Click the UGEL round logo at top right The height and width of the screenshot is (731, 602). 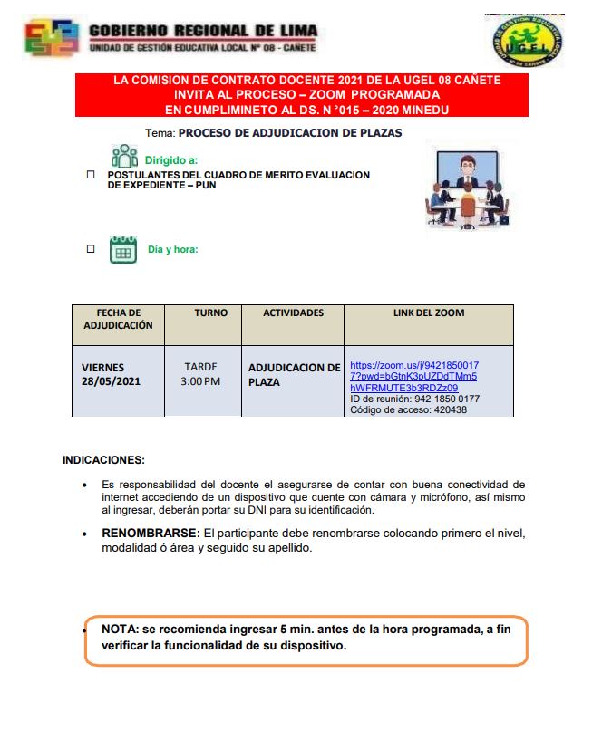pyautogui.click(x=528, y=41)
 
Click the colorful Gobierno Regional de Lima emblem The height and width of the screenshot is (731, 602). pyautogui.click(x=52, y=38)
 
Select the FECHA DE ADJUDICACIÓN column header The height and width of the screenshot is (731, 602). pyautogui.click(x=118, y=319)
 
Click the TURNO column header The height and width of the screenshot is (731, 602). pyautogui.click(x=211, y=313)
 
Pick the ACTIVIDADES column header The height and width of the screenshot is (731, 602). pyautogui.click(x=293, y=313)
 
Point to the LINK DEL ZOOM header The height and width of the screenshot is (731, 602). pyautogui.click(x=428, y=313)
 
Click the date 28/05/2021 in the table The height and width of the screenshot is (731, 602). pyautogui.click(x=112, y=381)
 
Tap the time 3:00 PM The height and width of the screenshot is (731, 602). pyautogui.click(x=200, y=381)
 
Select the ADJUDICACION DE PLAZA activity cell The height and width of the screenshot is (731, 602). pyautogui.click(x=294, y=375)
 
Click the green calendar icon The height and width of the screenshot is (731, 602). pyautogui.click(x=122, y=249)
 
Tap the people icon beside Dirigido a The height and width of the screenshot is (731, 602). pyautogui.click(x=123, y=156)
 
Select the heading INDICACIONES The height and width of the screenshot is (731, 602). pyautogui.click(x=103, y=459)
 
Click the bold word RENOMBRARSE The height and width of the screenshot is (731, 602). pyautogui.click(x=150, y=533)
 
